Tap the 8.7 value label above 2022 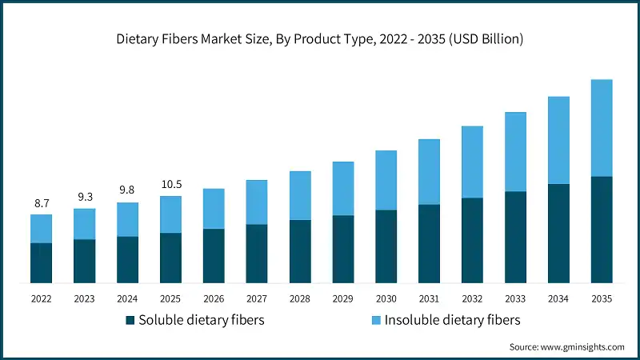click(41, 204)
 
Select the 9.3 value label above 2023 click(84, 196)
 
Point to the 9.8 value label click(127, 190)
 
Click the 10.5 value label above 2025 click(170, 184)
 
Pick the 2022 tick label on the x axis click(41, 298)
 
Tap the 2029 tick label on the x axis click(343, 298)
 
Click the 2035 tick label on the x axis click(602, 298)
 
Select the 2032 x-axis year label click(472, 298)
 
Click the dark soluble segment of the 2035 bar click(602, 230)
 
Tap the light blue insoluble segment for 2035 click(602, 128)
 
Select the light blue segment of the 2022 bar click(41, 229)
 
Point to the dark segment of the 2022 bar click(41, 263)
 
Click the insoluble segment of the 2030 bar click(386, 180)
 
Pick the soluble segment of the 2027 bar click(257, 254)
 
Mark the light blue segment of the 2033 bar click(515, 152)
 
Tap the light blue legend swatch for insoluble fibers click(376, 321)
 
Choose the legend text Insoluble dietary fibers click(453, 320)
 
